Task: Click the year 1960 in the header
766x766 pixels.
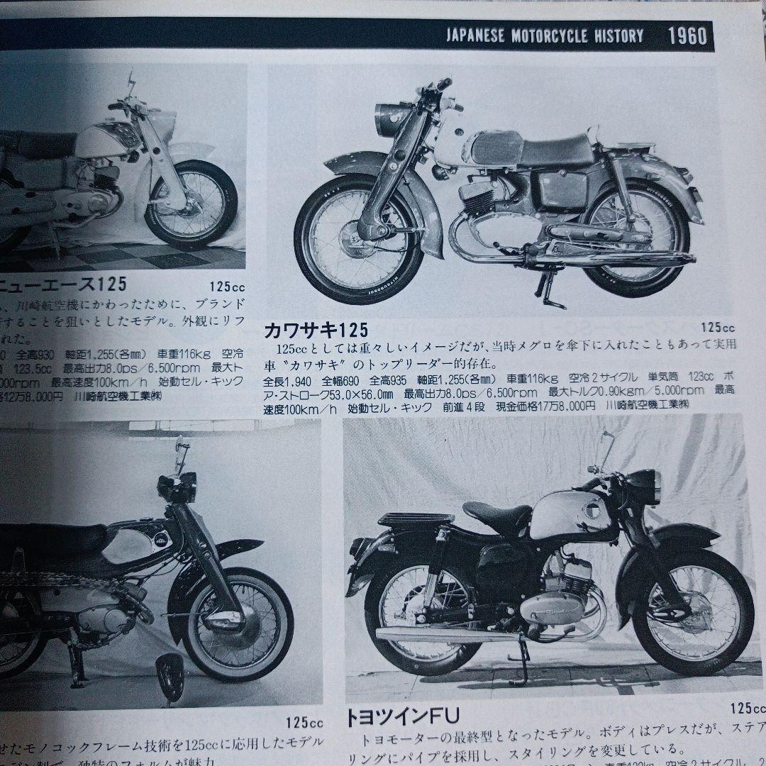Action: pyautogui.click(x=687, y=35)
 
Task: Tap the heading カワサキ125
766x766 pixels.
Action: pyautogui.click(x=316, y=330)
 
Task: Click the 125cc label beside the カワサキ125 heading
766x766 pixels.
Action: pyautogui.click(x=717, y=328)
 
